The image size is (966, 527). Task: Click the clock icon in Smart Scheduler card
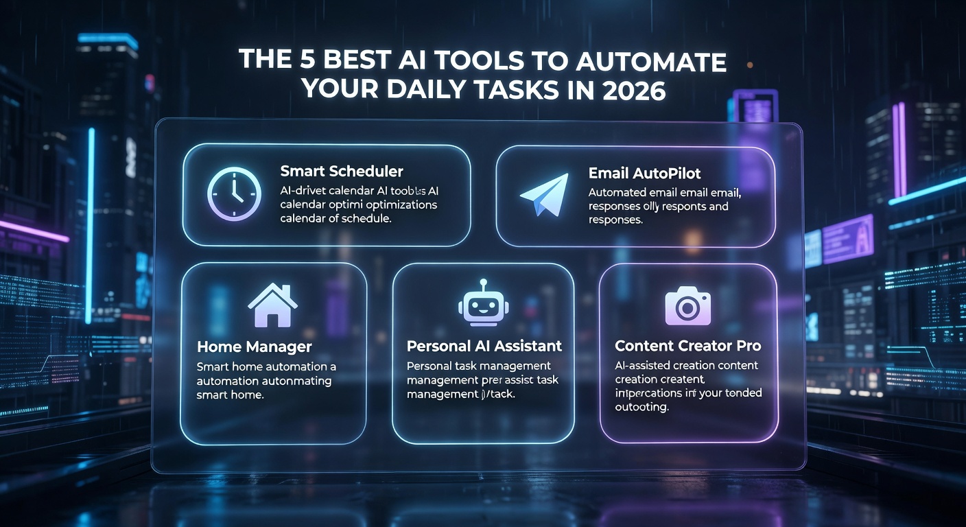tap(234, 195)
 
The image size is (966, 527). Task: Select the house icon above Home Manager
tap(272, 305)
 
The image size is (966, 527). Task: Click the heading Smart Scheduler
tap(342, 172)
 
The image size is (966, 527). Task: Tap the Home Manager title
tap(255, 347)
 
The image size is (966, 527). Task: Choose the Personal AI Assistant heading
tap(484, 346)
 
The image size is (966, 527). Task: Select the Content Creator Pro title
tap(687, 346)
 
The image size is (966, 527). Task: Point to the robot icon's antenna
tap(483, 283)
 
